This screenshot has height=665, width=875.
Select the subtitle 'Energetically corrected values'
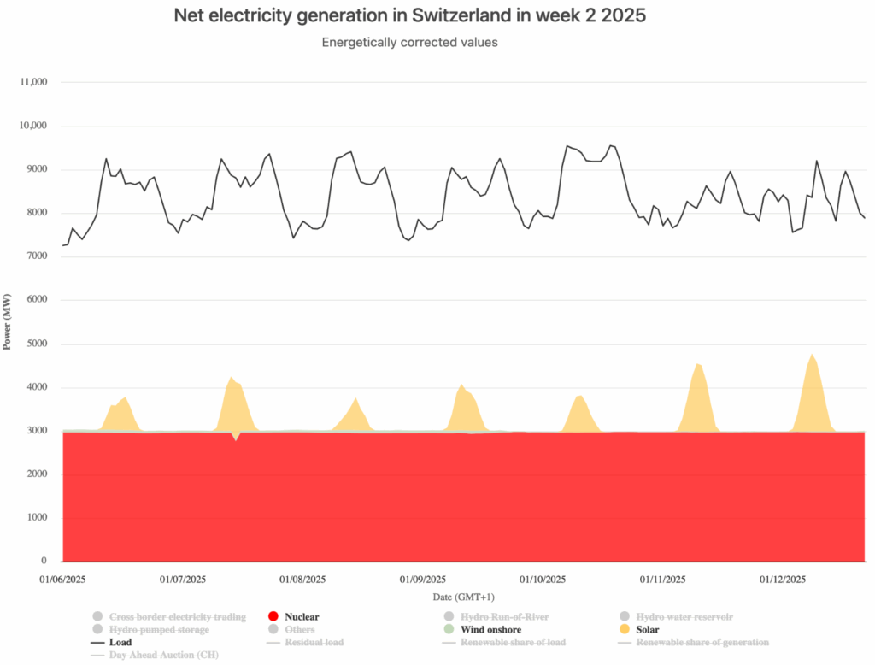coord(409,43)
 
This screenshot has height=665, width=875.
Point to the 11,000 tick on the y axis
coord(32,82)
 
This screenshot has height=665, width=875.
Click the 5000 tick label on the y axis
coord(35,344)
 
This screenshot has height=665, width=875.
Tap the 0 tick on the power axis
coord(44,562)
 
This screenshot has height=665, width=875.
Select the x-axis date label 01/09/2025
coord(424,579)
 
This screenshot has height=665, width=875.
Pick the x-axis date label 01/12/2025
coord(784,579)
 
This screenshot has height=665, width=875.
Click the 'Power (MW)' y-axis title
coord(8,322)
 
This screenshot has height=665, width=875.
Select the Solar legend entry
coord(650,629)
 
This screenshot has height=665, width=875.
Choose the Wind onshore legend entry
coord(490,629)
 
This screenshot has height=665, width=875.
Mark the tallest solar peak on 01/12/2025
coord(811,355)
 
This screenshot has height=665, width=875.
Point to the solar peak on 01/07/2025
coord(232,378)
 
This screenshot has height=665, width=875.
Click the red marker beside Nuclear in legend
coord(273,616)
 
